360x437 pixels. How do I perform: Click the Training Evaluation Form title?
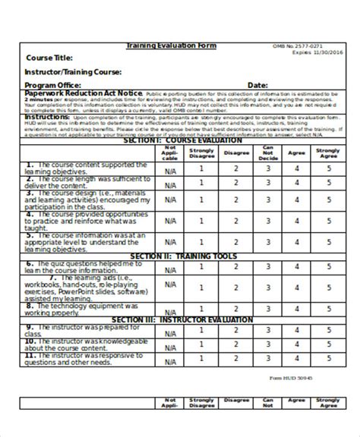click(171, 46)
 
